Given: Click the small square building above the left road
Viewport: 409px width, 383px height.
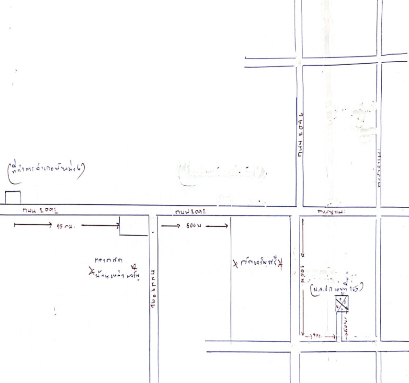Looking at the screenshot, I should click(13, 197).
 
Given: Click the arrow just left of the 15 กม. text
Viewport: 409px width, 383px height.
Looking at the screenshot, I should click(33, 224).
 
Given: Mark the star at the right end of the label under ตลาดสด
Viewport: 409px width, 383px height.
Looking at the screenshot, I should click(135, 266).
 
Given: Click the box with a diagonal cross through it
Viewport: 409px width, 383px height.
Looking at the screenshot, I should click(342, 303).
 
